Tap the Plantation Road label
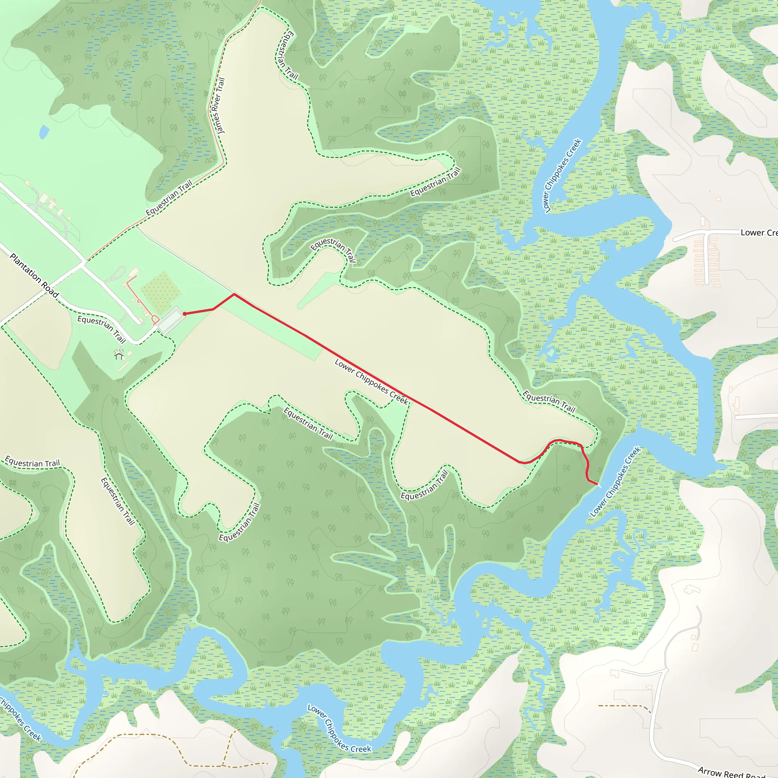click(x=34, y=275)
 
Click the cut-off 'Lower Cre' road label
click(x=759, y=233)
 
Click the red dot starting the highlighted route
click(x=184, y=314)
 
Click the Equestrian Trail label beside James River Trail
click(x=169, y=198)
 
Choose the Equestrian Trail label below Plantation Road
click(x=101, y=329)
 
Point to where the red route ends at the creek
click(x=597, y=484)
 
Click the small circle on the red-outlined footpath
click(x=139, y=301)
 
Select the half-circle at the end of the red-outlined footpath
click(x=155, y=321)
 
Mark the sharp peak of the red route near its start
click(x=234, y=294)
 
